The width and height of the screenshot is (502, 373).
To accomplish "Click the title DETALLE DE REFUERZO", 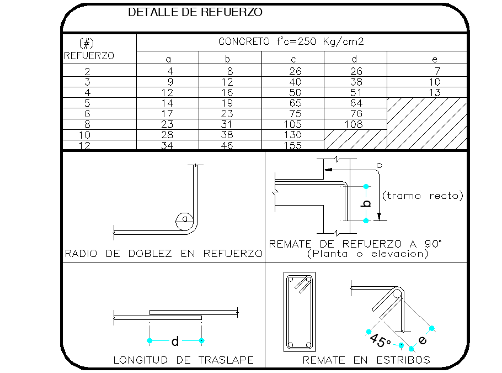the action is tap(195, 12).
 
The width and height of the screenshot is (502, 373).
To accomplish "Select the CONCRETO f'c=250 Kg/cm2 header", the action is tap(291, 41).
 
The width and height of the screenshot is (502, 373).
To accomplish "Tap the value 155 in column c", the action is tap(292, 145).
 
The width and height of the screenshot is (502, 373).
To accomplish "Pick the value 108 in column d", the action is tap(354, 124).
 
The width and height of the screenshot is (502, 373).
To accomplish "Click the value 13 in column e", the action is tap(435, 93).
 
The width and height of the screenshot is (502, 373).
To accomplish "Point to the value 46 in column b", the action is tap(227, 145).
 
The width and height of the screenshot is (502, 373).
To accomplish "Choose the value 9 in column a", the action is tap(170, 82).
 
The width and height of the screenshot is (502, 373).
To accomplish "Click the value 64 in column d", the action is tap(356, 103).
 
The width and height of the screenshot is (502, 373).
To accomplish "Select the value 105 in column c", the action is tap(292, 124).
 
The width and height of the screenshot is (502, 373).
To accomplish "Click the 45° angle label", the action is tap(380, 340).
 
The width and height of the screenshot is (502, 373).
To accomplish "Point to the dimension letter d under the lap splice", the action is tap(175, 342).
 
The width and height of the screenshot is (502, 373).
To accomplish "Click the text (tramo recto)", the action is tap(423, 196).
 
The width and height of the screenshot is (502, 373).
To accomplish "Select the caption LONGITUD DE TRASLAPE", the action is tap(184, 360).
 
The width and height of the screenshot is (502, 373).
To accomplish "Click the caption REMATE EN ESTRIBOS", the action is tap(366, 360).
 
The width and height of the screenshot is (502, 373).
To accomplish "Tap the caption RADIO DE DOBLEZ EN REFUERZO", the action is tap(164, 254).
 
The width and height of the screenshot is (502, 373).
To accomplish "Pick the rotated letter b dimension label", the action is tap(367, 203).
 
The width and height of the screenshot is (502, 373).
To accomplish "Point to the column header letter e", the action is tap(435, 60).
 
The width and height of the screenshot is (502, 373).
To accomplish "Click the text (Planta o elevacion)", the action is tap(367, 254).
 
